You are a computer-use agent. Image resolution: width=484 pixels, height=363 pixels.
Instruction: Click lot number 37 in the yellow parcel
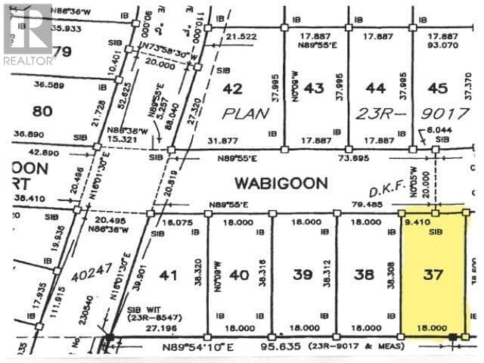pyautogui.click(x=433, y=275)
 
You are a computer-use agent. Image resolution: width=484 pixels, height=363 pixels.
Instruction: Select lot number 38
pyautogui.click(x=365, y=275)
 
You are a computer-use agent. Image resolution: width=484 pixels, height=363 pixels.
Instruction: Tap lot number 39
pyautogui.click(x=302, y=275)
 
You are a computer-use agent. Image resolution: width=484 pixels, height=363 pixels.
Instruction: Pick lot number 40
pyautogui.click(x=239, y=275)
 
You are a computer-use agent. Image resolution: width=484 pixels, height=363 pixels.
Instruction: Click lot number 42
pyautogui.click(x=233, y=88)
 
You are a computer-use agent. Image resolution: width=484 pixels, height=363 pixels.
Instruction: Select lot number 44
pyautogui.click(x=376, y=88)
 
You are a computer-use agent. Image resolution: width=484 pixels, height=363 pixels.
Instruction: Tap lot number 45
pyautogui.click(x=438, y=88)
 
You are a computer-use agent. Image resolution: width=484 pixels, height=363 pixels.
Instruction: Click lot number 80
pyautogui.click(x=43, y=111)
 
